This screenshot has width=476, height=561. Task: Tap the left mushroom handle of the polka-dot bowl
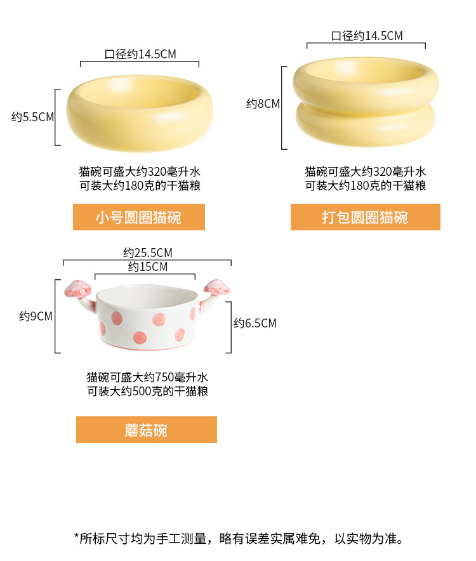(x=77, y=291)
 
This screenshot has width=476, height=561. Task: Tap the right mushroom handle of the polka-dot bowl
(x=216, y=289)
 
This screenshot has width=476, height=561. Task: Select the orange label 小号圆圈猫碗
(x=139, y=218)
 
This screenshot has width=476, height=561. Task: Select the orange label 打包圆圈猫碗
(x=365, y=218)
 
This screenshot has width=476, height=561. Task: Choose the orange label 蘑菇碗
(x=146, y=430)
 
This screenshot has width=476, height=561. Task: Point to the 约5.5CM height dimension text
(x=32, y=117)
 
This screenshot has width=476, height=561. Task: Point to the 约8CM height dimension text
(x=263, y=103)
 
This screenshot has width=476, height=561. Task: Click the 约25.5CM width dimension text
(x=148, y=253)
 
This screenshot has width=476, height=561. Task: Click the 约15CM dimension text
(x=148, y=267)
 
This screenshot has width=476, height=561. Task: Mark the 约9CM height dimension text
(x=36, y=316)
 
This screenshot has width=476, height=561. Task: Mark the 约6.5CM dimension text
(x=255, y=324)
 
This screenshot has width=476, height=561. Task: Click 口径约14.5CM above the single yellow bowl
(x=140, y=54)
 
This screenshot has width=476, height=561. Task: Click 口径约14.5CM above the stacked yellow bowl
(x=367, y=36)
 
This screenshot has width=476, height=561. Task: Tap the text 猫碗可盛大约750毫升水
(x=147, y=377)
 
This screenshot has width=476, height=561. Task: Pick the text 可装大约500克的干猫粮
(x=147, y=391)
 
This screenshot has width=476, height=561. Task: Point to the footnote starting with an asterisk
(x=239, y=539)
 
